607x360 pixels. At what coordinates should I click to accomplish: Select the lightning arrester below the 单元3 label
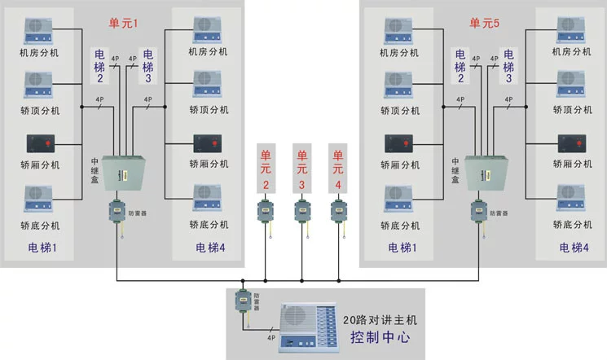click(302, 211)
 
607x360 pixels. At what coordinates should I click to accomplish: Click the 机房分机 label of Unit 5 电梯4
click(571, 52)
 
